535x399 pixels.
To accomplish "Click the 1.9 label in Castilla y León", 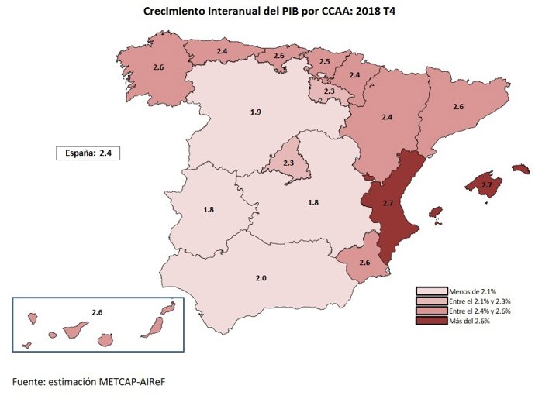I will [x=255, y=112].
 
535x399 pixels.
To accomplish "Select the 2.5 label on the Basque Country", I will [x=324, y=61].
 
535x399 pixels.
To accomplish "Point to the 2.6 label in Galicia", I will [x=158, y=68].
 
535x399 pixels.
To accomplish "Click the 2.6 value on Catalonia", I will [x=457, y=106].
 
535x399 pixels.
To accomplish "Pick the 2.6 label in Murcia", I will [x=364, y=263].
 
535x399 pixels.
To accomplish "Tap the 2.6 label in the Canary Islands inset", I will [x=97, y=312].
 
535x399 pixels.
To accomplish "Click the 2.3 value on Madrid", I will [x=288, y=163].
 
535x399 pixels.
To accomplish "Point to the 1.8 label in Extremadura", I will [x=209, y=210].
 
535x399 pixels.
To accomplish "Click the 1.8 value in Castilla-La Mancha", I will [x=313, y=202].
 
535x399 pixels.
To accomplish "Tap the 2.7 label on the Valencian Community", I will [x=388, y=202].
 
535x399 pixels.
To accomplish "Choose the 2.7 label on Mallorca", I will [x=486, y=185].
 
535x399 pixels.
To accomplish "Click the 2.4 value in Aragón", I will [x=388, y=117].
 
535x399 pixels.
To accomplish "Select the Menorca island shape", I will [x=521, y=168].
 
